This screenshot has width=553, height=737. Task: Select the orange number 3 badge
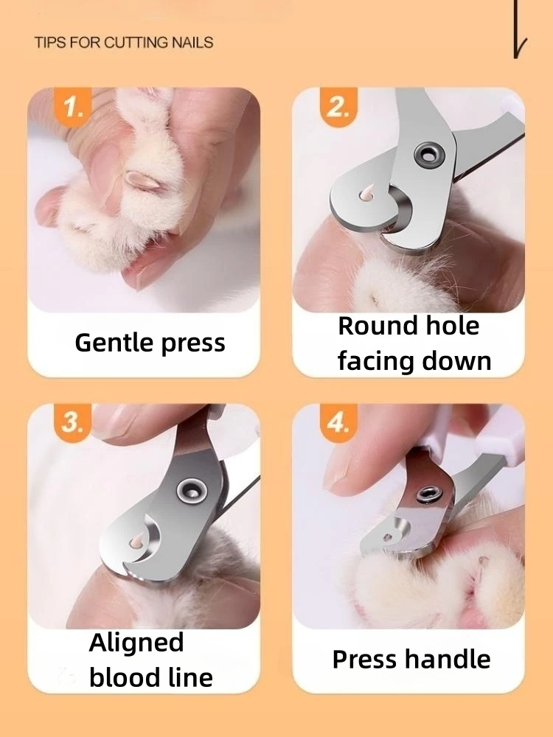click(72, 422)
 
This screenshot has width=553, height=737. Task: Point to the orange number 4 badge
click(338, 422)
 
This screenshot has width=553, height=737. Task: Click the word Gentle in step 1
click(114, 342)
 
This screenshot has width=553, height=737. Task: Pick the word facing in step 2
click(375, 362)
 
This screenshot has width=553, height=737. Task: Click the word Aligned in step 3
click(136, 643)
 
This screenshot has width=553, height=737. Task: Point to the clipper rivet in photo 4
click(427, 494)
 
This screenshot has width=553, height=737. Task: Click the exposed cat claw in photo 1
click(143, 181)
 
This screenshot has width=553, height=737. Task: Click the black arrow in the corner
click(518, 29)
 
